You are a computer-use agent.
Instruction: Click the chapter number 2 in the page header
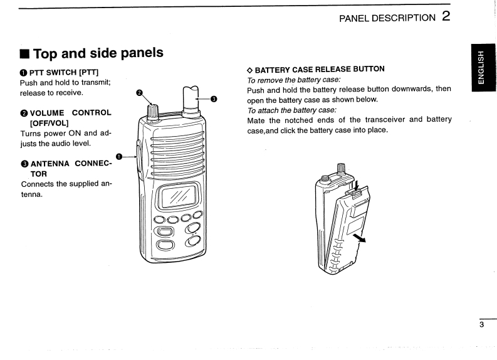coord(446,16)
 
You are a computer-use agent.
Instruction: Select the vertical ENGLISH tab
coord(481,68)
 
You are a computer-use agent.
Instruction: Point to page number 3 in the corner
coord(482,325)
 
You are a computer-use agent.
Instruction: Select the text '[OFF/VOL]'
coord(44,123)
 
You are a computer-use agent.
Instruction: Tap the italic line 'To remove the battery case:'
coord(293,79)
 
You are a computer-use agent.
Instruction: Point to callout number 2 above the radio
coord(140,94)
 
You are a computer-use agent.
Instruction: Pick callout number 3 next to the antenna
coord(214,98)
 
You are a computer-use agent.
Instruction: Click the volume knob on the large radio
coord(152,110)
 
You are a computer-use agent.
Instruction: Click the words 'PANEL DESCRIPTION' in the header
coord(387,18)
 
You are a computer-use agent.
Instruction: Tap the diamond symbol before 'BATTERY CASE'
coord(250,69)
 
